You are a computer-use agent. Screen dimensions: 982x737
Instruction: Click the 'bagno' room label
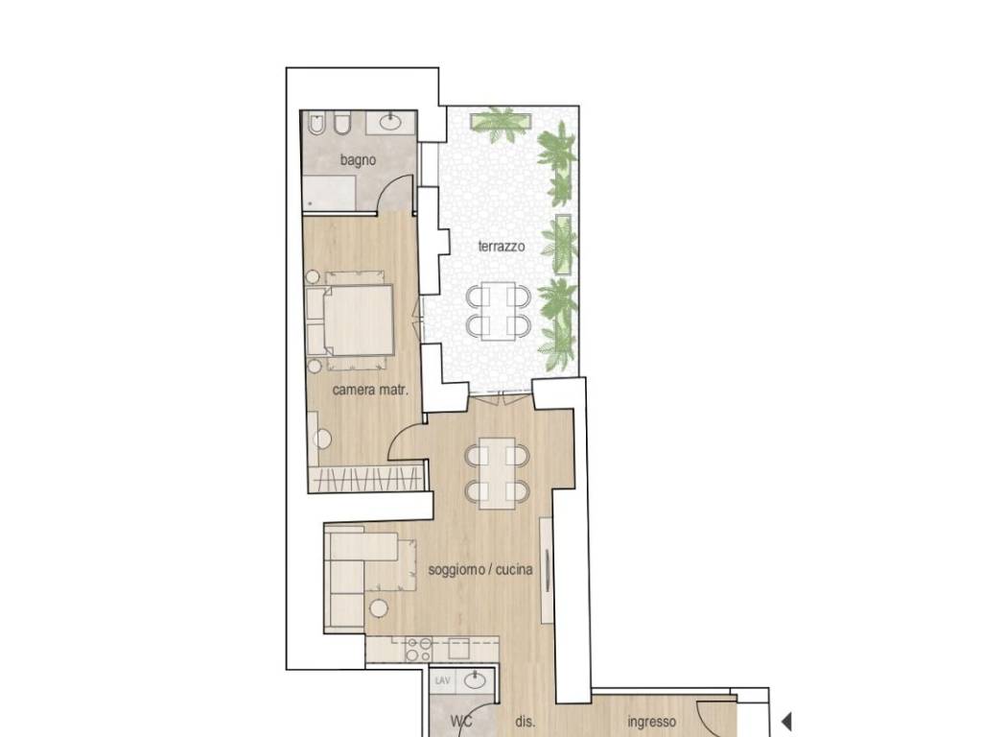coord(358,160)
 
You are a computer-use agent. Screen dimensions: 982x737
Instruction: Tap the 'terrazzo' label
coord(501,247)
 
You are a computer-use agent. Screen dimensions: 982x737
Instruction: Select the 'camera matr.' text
coord(370,390)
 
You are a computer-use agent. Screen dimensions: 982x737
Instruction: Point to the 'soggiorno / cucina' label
coord(480,570)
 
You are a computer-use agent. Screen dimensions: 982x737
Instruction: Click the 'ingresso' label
coord(651,722)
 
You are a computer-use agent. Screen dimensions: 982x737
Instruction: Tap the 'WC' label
coord(461,722)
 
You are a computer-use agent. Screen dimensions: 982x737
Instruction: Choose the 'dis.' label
coord(525,722)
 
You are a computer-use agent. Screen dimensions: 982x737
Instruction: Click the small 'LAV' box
coord(443,680)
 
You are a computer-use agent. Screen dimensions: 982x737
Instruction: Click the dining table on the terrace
coord(499,311)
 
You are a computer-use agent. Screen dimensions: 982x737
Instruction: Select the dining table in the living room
coord(498,473)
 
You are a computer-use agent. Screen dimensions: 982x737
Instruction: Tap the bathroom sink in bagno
coord(392,121)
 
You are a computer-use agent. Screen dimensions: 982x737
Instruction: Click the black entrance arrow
coord(786,722)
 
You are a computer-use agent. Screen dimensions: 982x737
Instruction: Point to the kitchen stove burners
coord(419,650)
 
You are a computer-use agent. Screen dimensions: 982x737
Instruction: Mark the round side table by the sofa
coord(378,607)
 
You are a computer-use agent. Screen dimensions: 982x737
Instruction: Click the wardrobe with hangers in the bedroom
coord(367,480)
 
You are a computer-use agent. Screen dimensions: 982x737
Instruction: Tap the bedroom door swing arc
coord(404,438)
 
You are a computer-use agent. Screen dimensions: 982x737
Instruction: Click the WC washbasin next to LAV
coord(476,680)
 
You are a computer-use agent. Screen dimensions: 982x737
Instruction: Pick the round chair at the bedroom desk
coord(322,439)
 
